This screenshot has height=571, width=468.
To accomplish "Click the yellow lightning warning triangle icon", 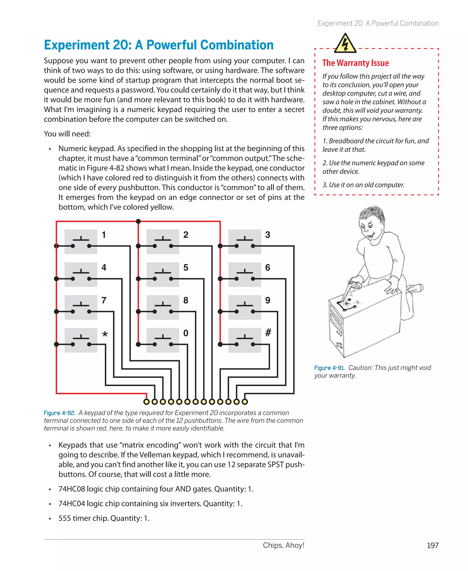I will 345,44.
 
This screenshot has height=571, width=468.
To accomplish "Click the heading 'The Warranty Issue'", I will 355,63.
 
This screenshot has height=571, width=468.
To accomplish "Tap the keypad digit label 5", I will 186,267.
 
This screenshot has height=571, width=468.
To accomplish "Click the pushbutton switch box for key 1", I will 81,242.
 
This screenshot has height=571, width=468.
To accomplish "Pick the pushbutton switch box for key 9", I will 245,307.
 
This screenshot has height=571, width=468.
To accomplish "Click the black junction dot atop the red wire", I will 138,221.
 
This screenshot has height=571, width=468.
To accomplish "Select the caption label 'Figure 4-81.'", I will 330,368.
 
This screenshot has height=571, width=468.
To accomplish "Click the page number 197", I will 432,545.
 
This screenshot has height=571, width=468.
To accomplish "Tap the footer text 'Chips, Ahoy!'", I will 283,545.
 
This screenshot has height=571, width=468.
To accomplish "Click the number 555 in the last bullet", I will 65,518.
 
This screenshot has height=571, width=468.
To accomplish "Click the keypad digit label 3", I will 267,235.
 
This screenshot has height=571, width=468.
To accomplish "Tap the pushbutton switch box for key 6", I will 245,275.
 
